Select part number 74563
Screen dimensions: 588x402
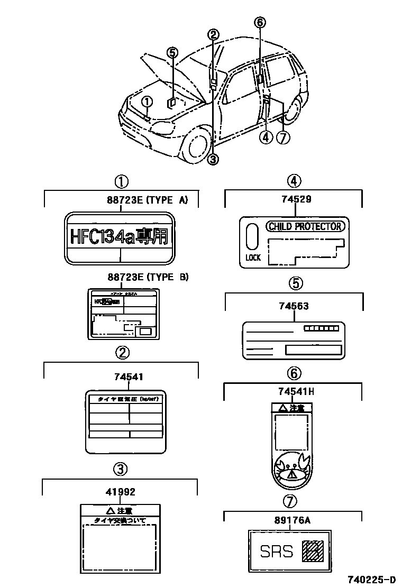pyautogui.click(x=295, y=306)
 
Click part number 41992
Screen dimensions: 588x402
pyautogui.click(x=120, y=492)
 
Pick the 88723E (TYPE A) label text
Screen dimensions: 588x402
pyautogui.click(x=148, y=199)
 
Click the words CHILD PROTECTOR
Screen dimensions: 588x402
pyautogui.click(x=305, y=227)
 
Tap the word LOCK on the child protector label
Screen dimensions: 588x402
pyautogui.click(x=253, y=258)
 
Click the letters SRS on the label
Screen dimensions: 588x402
pyautogui.click(x=277, y=552)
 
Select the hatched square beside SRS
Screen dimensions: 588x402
pyautogui.click(x=311, y=551)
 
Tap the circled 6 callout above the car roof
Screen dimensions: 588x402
pyautogui.click(x=259, y=22)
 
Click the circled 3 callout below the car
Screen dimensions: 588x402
pyautogui.click(x=213, y=159)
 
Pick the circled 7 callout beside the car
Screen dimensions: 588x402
pyautogui.click(x=284, y=137)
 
